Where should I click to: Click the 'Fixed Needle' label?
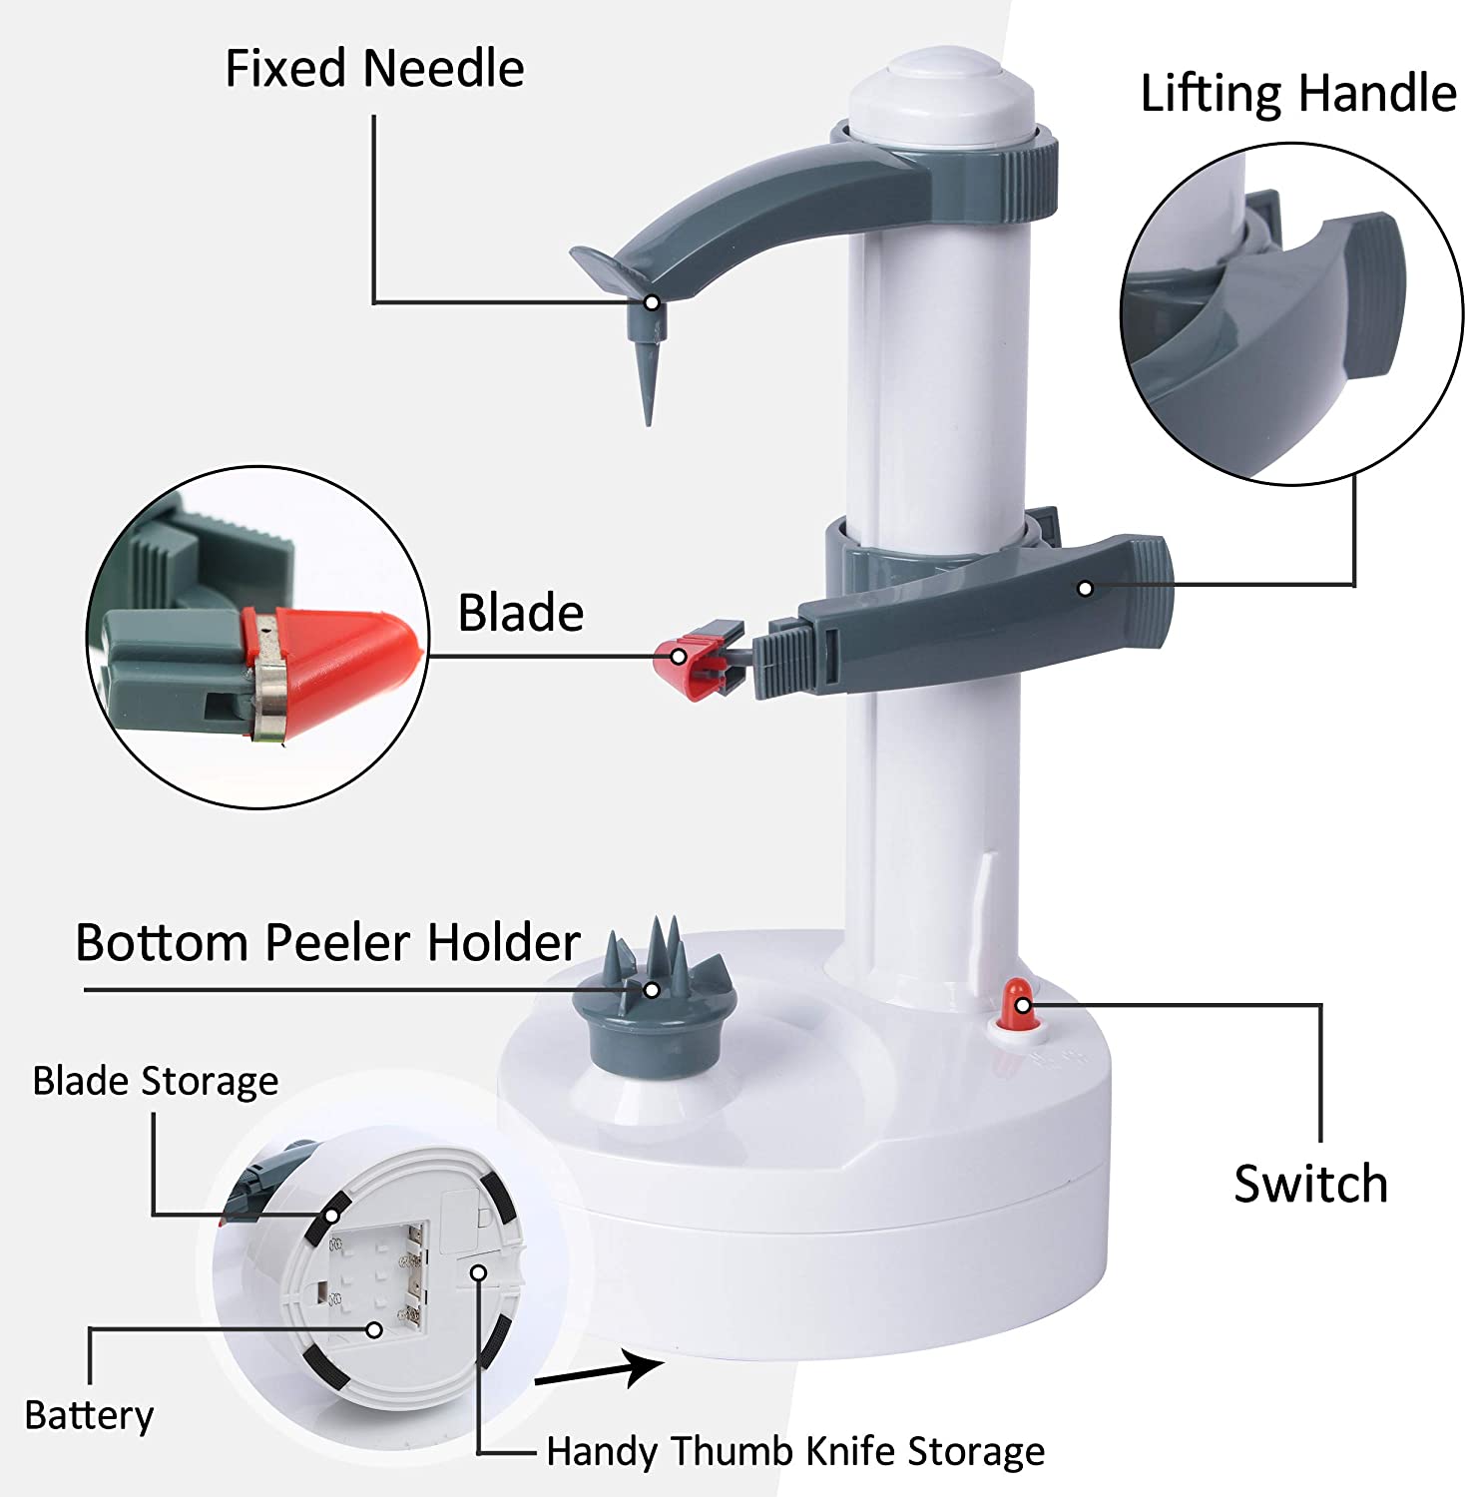click(x=374, y=69)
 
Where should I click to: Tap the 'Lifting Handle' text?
click(x=1298, y=94)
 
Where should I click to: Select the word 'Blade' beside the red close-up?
click(x=520, y=613)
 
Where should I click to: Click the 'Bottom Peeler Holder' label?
click(x=327, y=942)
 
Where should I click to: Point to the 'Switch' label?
click(x=1310, y=1185)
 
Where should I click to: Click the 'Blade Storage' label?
click(x=156, y=1082)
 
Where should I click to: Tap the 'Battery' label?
click(x=90, y=1416)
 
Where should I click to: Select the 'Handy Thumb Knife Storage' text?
click(x=795, y=1452)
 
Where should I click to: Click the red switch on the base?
click(x=1018, y=1005)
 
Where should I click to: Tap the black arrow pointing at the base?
click(x=599, y=1369)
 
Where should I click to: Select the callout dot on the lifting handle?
click(x=1085, y=589)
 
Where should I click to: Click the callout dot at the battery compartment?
click(x=374, y=1329)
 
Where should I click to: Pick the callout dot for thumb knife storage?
click(x=479, y=1272)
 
